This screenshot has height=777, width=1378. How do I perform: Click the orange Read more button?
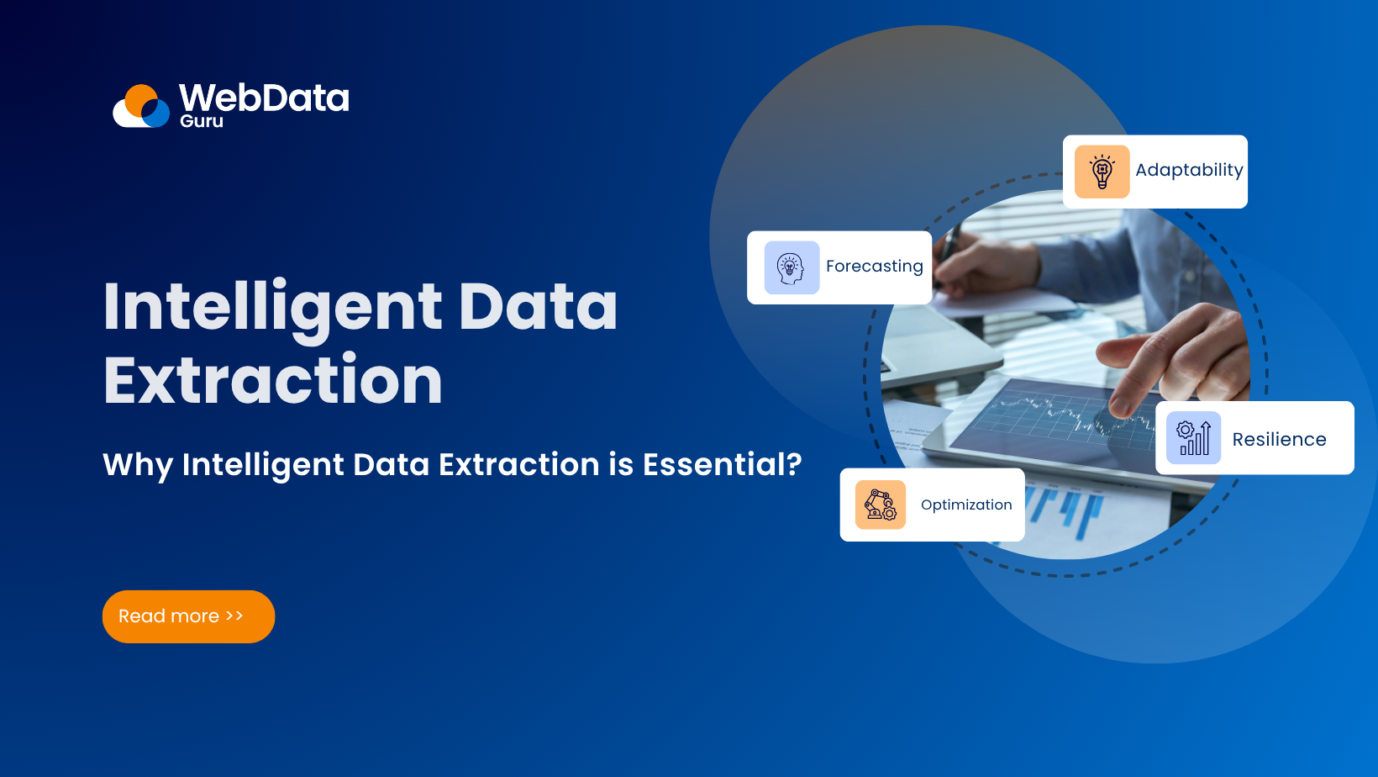[188, 616]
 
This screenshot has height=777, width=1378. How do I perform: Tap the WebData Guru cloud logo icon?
[142, 107]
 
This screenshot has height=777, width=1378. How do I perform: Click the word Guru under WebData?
[202, 121]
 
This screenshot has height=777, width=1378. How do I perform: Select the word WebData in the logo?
[264, 98]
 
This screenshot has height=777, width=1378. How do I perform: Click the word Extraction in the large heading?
[273, 381]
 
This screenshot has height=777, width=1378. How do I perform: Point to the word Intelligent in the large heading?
[272, 307]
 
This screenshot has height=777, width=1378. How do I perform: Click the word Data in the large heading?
[538, 307]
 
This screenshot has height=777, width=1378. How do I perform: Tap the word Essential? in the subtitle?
[722, 464]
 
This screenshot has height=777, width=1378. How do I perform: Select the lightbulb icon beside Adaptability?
[1102, 172]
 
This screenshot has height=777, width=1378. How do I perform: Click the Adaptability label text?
[1189, 170]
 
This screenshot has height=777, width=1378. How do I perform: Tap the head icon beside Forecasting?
[791, 267]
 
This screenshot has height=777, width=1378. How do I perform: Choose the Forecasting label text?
[874, 267]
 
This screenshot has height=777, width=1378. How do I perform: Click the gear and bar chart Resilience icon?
[1193, 438]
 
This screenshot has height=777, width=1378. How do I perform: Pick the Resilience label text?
[1279, 440]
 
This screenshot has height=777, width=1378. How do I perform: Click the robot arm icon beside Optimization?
[880, 505]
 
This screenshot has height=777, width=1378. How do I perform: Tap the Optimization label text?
[966, 505]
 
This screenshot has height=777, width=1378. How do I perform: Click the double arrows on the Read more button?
[234, 616]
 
